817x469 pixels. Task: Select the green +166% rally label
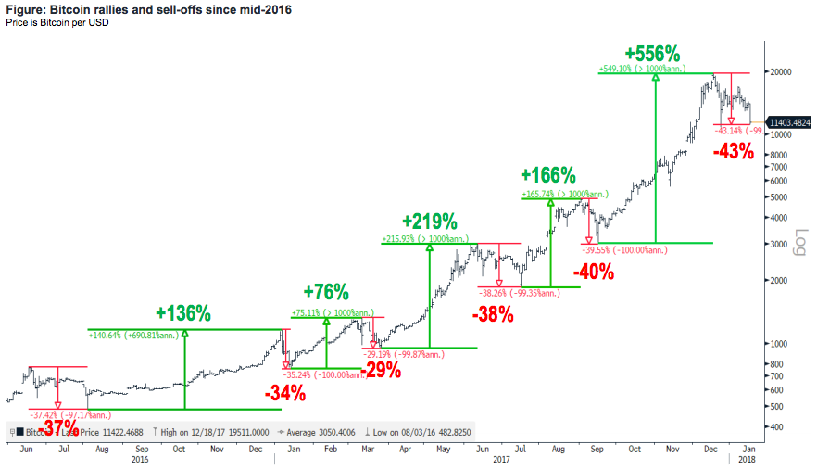tap(548, 175)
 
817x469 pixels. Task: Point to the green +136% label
tap(183, 311)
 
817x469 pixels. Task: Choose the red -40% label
tap(594, 272)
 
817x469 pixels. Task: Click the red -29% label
tap(381, 370)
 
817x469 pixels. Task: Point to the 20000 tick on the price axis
tap(781, 72)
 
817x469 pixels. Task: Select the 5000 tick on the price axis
tap(778, 197)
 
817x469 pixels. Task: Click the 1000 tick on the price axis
tap(778, 343)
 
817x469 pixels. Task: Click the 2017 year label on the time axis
tap(502, 459)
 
